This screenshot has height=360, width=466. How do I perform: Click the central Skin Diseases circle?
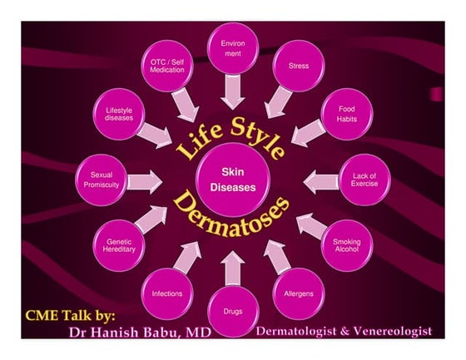[233, 180]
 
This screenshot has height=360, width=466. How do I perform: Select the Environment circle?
[233, 48]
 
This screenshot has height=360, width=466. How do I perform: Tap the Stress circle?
[299, 66]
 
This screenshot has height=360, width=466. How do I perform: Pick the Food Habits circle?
[347, 114]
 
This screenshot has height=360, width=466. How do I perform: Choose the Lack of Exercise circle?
[364, 180]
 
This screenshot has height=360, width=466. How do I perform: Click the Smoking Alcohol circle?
[347, 245]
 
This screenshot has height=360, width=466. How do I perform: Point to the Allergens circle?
[299, 293]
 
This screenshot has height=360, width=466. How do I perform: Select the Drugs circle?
[233, 311]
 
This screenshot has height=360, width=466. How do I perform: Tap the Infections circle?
[167, 293]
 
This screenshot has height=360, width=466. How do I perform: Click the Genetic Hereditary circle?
[119, 245]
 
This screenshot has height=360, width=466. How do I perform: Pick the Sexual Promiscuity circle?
[102, 180]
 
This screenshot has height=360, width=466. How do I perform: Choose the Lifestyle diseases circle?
[119, 114]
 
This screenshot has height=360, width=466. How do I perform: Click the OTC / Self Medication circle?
[167, 66]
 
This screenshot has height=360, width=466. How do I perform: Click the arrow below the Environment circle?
[233, 91]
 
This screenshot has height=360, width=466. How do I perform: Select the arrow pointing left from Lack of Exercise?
[321, 182]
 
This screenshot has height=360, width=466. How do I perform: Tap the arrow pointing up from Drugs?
[233, 269]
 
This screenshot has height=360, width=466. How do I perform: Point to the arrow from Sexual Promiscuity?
[145, 182]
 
